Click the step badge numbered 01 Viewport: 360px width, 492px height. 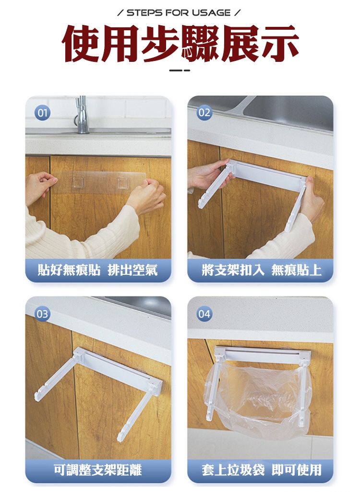point(42,113)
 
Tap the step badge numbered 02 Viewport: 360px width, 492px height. point(204,113)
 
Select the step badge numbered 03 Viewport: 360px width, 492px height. point(42,314)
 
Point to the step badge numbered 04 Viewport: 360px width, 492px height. point(204,314)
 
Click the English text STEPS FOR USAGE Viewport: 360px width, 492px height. point(179,13)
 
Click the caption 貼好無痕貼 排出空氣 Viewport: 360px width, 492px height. point(98,270)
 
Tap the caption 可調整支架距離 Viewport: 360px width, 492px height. point(98,470)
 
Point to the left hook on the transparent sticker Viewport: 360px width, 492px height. point(77,183)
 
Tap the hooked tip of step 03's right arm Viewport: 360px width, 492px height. point(121,438)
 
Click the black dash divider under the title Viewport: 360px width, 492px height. point(180,70)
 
